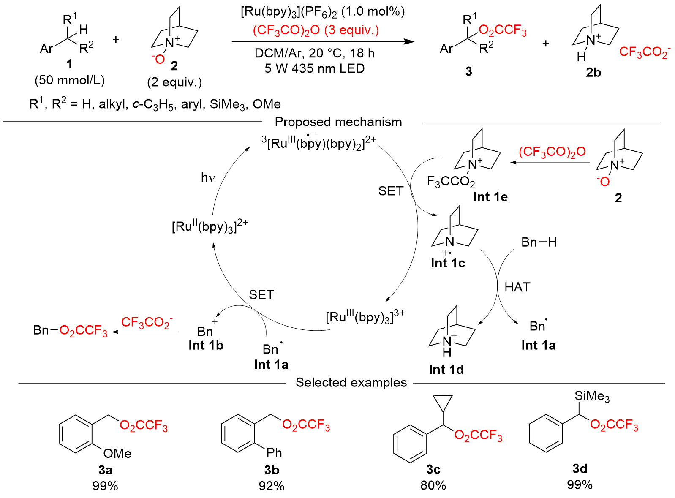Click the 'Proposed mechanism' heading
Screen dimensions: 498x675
point(338,122)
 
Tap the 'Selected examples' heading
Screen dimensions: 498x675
point(351,383)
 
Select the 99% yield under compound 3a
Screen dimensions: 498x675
point(105,486)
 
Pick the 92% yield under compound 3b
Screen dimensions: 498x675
point(271,486)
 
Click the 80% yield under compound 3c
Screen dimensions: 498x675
point(433,485)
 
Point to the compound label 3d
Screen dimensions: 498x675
point(580,468)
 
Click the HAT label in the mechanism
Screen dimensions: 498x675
point(517,287)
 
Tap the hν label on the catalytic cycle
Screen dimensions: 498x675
point(208,177)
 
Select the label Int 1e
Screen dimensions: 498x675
point(490,197)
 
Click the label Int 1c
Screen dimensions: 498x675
point(448,263)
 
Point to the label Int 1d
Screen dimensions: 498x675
point(446,370)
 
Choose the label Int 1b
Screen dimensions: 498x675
point(206,346)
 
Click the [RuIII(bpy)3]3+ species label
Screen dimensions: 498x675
point(365,317)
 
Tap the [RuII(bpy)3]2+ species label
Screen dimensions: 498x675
point(210,226)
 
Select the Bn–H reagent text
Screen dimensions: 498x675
point(539,242)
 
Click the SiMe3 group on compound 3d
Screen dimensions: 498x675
point(592,396)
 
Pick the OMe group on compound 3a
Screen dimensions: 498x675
point(117,454)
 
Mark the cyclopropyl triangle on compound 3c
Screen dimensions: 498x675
point(443,402)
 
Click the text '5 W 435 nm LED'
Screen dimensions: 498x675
point(314,68)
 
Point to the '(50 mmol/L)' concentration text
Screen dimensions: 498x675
point(70,80)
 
